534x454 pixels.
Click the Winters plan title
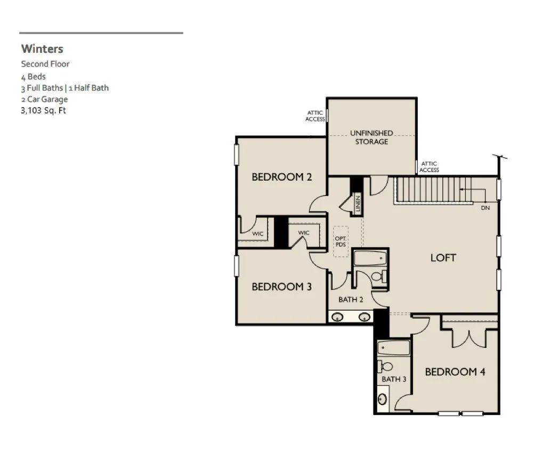coord(42,48)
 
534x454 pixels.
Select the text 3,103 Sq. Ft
coord(43,110)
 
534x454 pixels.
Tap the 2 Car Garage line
coord(44,99)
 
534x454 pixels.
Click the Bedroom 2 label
coord(281,177)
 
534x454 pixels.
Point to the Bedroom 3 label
coord(281,287)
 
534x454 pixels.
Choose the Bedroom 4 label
coord(455,371)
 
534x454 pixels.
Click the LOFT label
coord(443,258)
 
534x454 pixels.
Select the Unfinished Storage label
coord(371,137)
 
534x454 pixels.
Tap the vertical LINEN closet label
coord(358,204)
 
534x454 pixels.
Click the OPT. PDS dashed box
coord(341,241)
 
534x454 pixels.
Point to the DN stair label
coord(486,208)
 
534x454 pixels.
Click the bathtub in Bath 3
coord(394,348)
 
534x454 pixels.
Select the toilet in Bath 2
coord(379,276)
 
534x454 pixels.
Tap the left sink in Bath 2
coord(337,317)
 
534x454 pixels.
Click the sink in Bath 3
coord(383,399)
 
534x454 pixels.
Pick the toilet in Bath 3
coord(384,367)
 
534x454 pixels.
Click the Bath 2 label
coord(351,299)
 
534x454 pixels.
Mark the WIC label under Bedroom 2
coord(258,233)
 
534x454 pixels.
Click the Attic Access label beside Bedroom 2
coord(315,116)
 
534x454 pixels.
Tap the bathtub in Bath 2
coord(370,258)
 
